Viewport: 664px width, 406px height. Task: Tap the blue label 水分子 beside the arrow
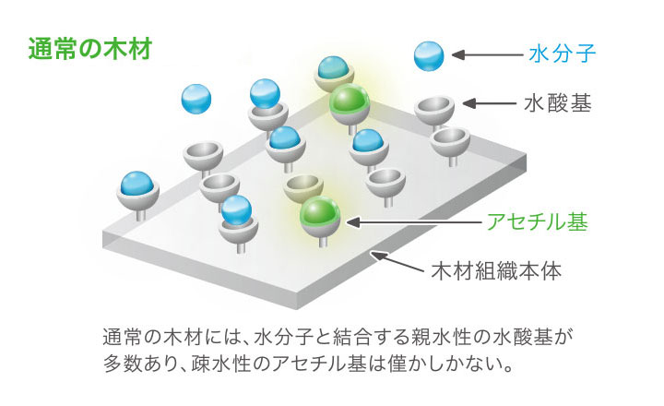pyautogui.click(x=562, y=54)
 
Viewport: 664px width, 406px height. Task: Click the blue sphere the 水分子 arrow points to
pyautogui.click(x=430, y=55)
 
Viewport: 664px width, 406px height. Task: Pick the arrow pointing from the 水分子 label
pyautogui.click(x=484, y=55)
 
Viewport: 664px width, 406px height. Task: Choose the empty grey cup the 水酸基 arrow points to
pyautogui.click(x=433, y=110)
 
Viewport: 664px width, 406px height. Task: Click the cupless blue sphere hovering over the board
pyautogui.click(x=196, y=98)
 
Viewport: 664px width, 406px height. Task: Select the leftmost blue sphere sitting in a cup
pyautogui.click(x=136, y=186)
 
